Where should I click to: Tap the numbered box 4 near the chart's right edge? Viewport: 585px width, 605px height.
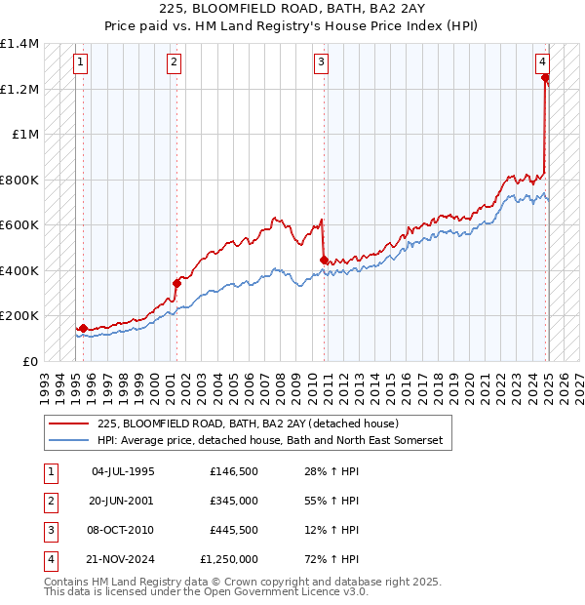pos(542,60)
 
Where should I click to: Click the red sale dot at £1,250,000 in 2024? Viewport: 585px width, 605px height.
pos(545,78)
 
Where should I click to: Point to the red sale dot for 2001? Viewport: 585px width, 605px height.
pos(177,283)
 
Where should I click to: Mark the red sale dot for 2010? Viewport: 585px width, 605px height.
pos(325,260)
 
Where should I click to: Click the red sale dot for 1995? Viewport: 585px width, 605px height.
pos(83,328)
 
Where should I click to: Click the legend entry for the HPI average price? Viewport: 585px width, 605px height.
pos(269,441)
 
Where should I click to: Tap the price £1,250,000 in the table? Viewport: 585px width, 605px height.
pos(234,559)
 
